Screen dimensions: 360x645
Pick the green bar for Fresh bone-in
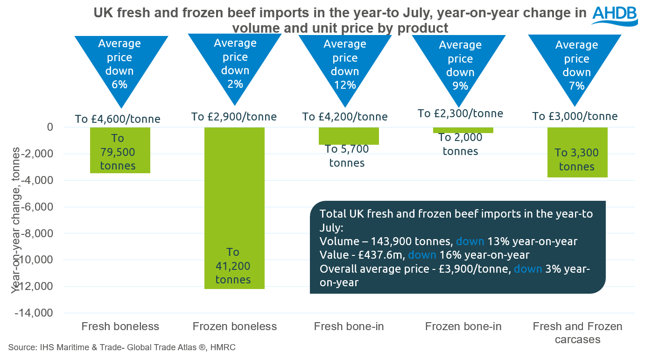pyautogui.click(x=349, y=136)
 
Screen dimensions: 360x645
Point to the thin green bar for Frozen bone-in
pyautogui.click(x=463, y=130)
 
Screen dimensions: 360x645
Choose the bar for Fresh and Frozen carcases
pyautogui.click(x=577, y=152)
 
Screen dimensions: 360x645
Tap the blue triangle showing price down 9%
pyautogui.click(x=460, y=65)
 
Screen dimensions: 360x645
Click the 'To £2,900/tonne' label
pyautogui.click(x=234, y=116)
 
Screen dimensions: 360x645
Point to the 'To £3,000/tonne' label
pyautogui.click(x=575, y=116)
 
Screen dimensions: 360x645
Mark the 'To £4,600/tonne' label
pyautogui.click(x=118, y=119)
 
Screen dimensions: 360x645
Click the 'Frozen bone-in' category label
pyautogui.click(x=463, y=326)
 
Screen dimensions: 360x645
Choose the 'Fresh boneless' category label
pyautogui.click(x=120, y=326)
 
